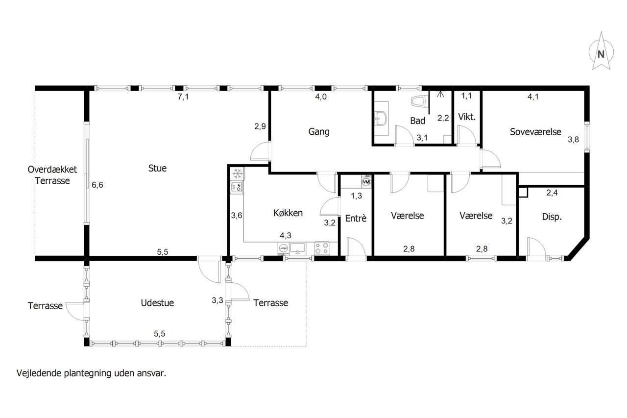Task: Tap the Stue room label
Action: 157,168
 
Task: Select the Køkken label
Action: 288,213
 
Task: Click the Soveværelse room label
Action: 535,132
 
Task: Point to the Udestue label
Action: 157,303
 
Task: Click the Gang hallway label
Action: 319,132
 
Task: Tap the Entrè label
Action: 356,218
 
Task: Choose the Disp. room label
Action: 552,217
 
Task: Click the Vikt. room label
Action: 467,117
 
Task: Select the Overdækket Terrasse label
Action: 52,175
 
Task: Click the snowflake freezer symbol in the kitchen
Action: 238,174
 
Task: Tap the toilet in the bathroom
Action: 419,101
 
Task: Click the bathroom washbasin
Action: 381,119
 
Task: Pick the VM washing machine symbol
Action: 366,182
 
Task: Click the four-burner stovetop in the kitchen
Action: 322,248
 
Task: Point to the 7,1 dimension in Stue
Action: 183,97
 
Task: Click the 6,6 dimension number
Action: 97,185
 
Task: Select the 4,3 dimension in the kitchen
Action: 286,235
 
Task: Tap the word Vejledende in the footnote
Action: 39,373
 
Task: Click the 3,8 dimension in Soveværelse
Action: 573,140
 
